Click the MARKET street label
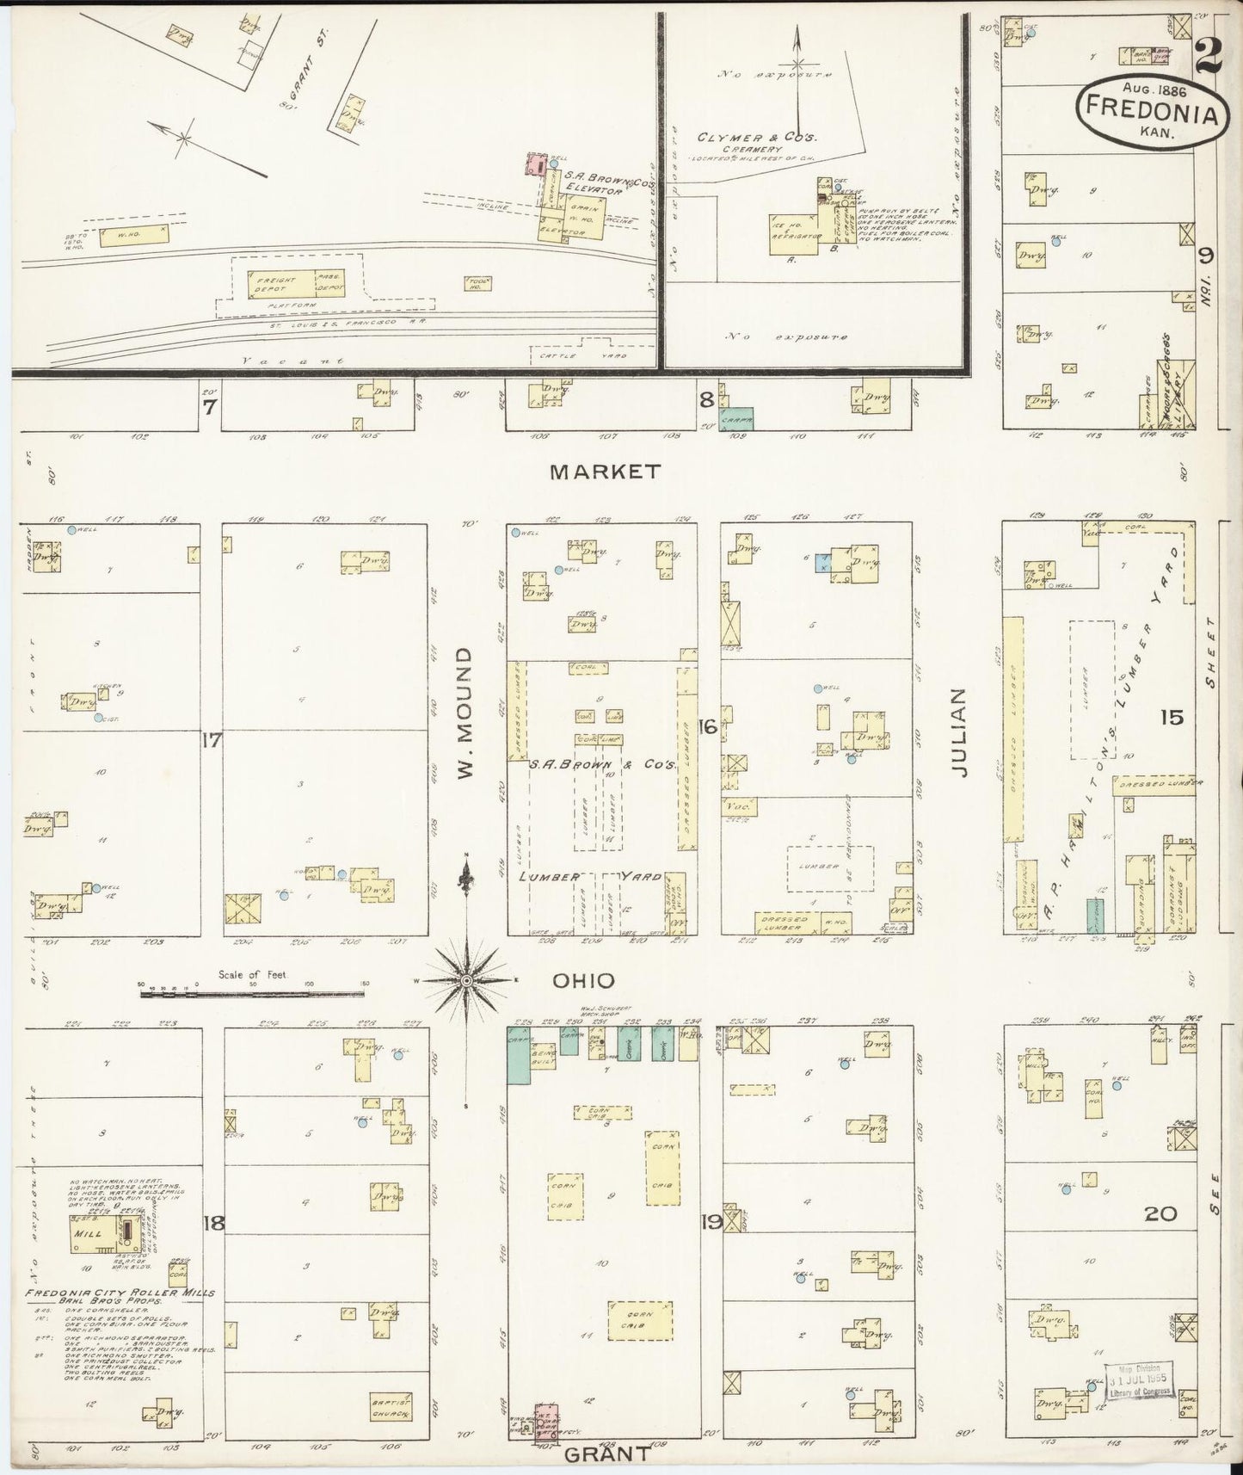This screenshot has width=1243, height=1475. (x=606, y=472)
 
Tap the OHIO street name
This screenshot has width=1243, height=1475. (x=583, y=980)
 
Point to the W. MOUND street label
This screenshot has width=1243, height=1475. (x=465, y=714)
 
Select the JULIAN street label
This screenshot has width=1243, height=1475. (x=960, y=733)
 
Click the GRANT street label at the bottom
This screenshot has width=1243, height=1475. (x=607, y=1453)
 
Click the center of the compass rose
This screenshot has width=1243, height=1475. (x=465, y=980)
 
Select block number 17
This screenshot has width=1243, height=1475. (x=212, y=739)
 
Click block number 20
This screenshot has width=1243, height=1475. (x=1160, y=1214)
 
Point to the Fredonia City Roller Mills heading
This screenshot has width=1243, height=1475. (x=120, y=1293)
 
